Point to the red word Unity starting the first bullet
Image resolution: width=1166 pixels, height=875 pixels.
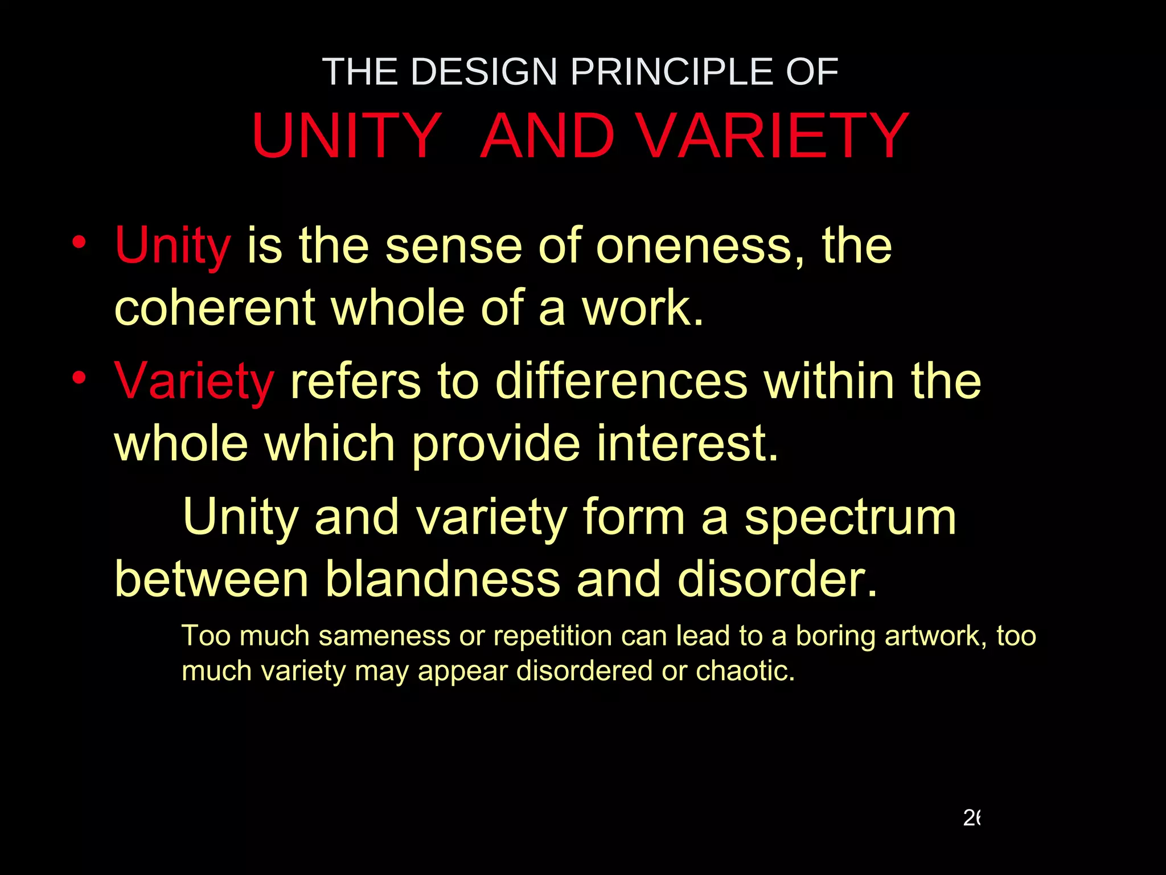[x=173, y=246]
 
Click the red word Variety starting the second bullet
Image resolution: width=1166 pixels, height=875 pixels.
[x=194, y=381]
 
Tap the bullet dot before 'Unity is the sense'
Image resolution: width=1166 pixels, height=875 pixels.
[x=79, y=242]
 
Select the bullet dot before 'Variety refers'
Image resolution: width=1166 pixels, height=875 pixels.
[x=79, y=377]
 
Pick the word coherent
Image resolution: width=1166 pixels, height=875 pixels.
[x=215, y=308]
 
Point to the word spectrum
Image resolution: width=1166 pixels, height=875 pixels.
[x=851, y=517]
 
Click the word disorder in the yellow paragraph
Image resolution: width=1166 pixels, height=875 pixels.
[x=777, y=579]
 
